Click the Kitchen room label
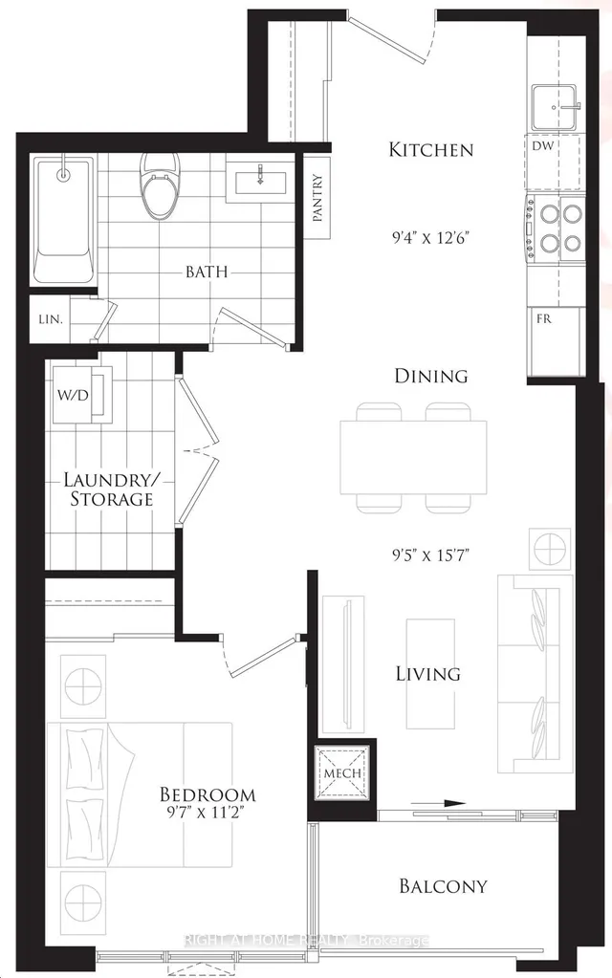click(430, 149)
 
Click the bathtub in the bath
click(64, 220)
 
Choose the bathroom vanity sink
click(261, 178)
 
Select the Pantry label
click(317, 198)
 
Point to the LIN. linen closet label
click(50, 319)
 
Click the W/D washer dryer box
click(75, 391)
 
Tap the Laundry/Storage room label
click(107, 489)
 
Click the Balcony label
click(443, 886)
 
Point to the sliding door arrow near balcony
click(441, 804)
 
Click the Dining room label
click(430, 376)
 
